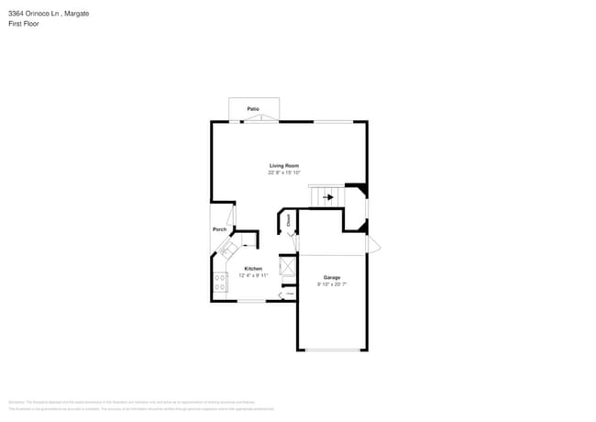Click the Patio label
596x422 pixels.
tap(252, 109)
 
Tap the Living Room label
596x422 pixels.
tap(284, 165)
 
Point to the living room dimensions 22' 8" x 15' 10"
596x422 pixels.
tap(284, 172)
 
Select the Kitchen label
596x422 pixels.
tap(253, 269)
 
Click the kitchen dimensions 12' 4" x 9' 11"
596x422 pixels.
tap(253, 275)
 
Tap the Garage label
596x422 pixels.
tap(332, 277)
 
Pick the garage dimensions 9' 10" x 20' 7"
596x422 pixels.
tap(332, 284)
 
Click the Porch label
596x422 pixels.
tap(219, 229)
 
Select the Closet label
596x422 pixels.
tap(289, 220)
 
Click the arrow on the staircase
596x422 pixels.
tap(327, 196)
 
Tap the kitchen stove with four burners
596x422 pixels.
tap(220, 283)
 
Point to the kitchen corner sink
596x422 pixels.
tap(226, 249)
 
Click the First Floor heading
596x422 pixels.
tap(24, 24)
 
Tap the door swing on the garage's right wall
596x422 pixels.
tap(371, 246)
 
